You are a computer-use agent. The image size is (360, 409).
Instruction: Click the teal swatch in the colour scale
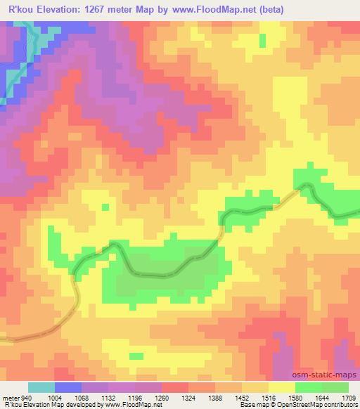coord(41,387)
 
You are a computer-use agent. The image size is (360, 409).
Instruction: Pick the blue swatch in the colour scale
coord(68,387)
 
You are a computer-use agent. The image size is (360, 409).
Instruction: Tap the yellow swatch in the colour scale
coord(281,387)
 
